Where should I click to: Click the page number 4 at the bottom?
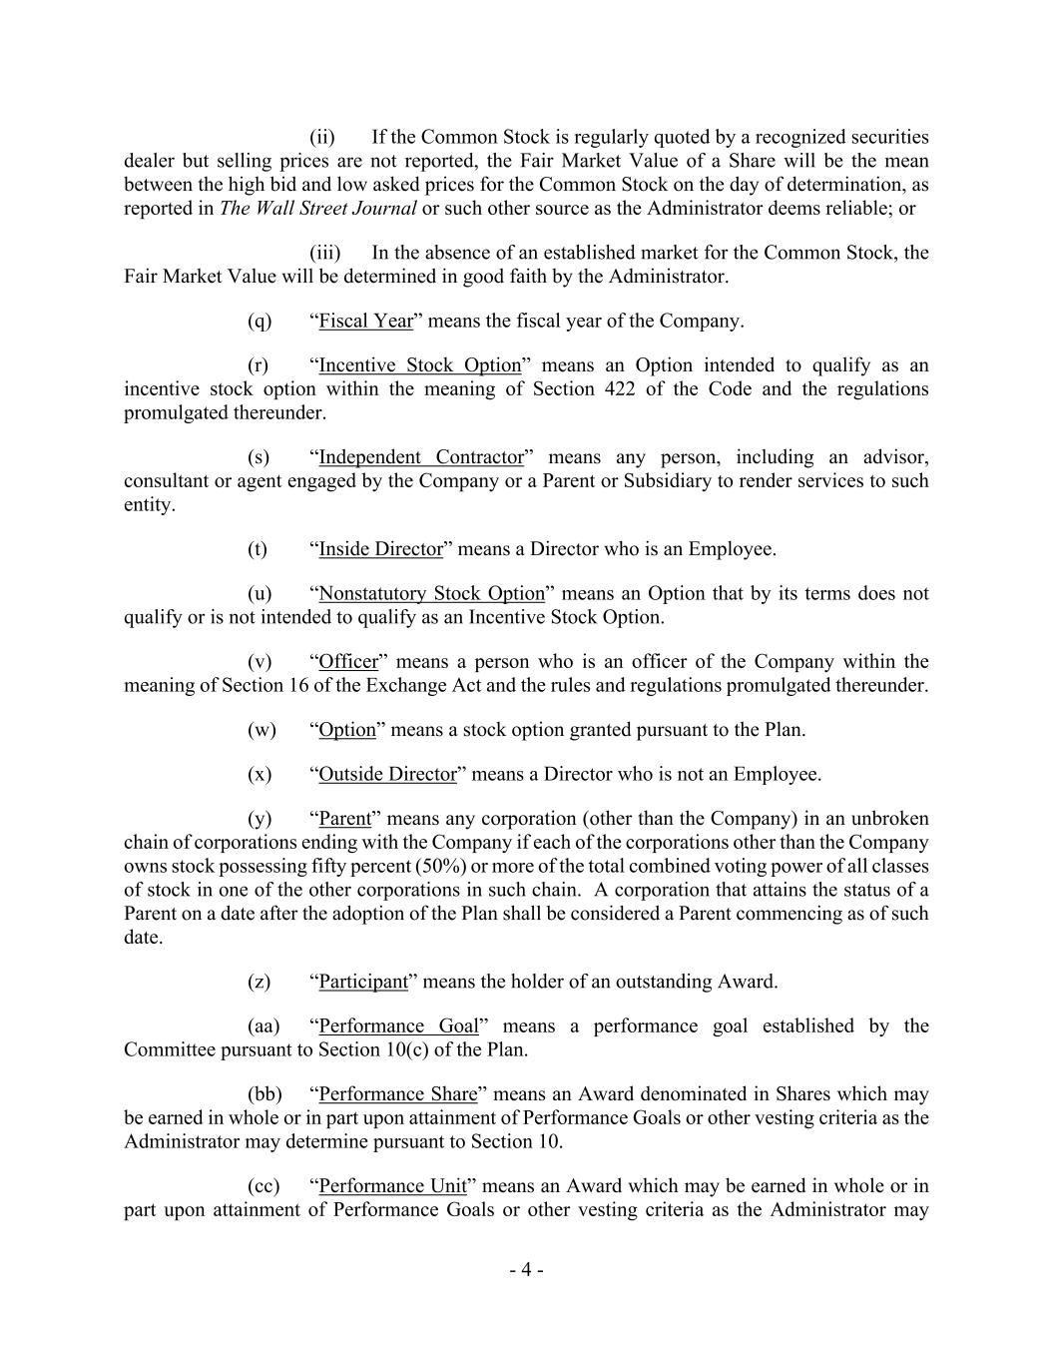526,1270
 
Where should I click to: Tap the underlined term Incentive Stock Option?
419,365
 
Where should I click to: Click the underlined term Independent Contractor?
420,457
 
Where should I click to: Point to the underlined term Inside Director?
380,549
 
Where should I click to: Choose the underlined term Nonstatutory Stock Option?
431,594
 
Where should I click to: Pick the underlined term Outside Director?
387,774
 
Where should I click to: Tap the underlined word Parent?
344,819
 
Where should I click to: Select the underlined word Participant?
363,982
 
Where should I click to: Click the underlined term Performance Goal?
398,1026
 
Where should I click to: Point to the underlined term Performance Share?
397,1094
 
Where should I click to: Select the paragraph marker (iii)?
325,253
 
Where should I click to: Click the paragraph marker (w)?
262,730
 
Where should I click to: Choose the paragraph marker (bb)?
264,1094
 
